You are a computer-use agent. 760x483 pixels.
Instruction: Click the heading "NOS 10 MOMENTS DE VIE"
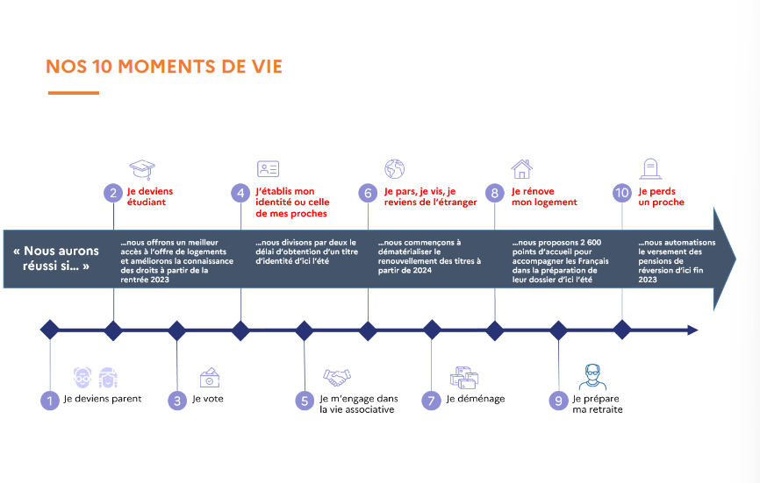pyautogui.click(x=164, y=67)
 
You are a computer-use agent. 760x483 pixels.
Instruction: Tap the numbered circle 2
pyautogui.click(x=112, y=193)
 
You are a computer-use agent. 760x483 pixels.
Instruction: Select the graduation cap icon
pyautogui.click(x=141, y=169)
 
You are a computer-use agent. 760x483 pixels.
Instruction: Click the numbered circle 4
pyautogui.click(x=240, y=193)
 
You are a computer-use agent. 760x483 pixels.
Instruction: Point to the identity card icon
pyautogui.click(x=268, y=169)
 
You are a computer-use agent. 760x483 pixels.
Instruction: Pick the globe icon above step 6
pyautogui.click(x=394, y=168)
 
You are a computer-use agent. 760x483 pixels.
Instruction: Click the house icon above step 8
pyautogui.click(x=521, y=168)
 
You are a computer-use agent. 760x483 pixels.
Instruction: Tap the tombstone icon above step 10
pyautogui.click(x=649, y=168)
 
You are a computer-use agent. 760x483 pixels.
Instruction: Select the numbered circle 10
pyautogui.click(x=622, y=193)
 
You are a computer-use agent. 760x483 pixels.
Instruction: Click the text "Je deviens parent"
pyautogui.click(x=102, y=399)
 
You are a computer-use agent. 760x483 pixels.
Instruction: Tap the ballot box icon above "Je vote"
pyautogui.click(x=210, y=377)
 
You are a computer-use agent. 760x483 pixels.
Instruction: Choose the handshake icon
pyautogui.click(x=336, y=377)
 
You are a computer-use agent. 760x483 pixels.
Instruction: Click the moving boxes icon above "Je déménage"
pyautogui.click(x=463, y=377)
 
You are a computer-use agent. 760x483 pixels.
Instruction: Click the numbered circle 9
pyautogui.click(x=558, y=400)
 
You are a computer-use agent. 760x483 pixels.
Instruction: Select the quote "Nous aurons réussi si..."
pyautogui.click(x=57, y=257)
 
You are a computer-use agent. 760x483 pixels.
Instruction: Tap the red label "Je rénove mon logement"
pyautogui.click(x=544, y=196)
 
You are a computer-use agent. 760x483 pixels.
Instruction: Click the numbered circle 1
pyautogui.click(x=49, y=400)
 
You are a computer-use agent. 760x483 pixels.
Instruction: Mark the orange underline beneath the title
pyautogui.click(x=72, y=93)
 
